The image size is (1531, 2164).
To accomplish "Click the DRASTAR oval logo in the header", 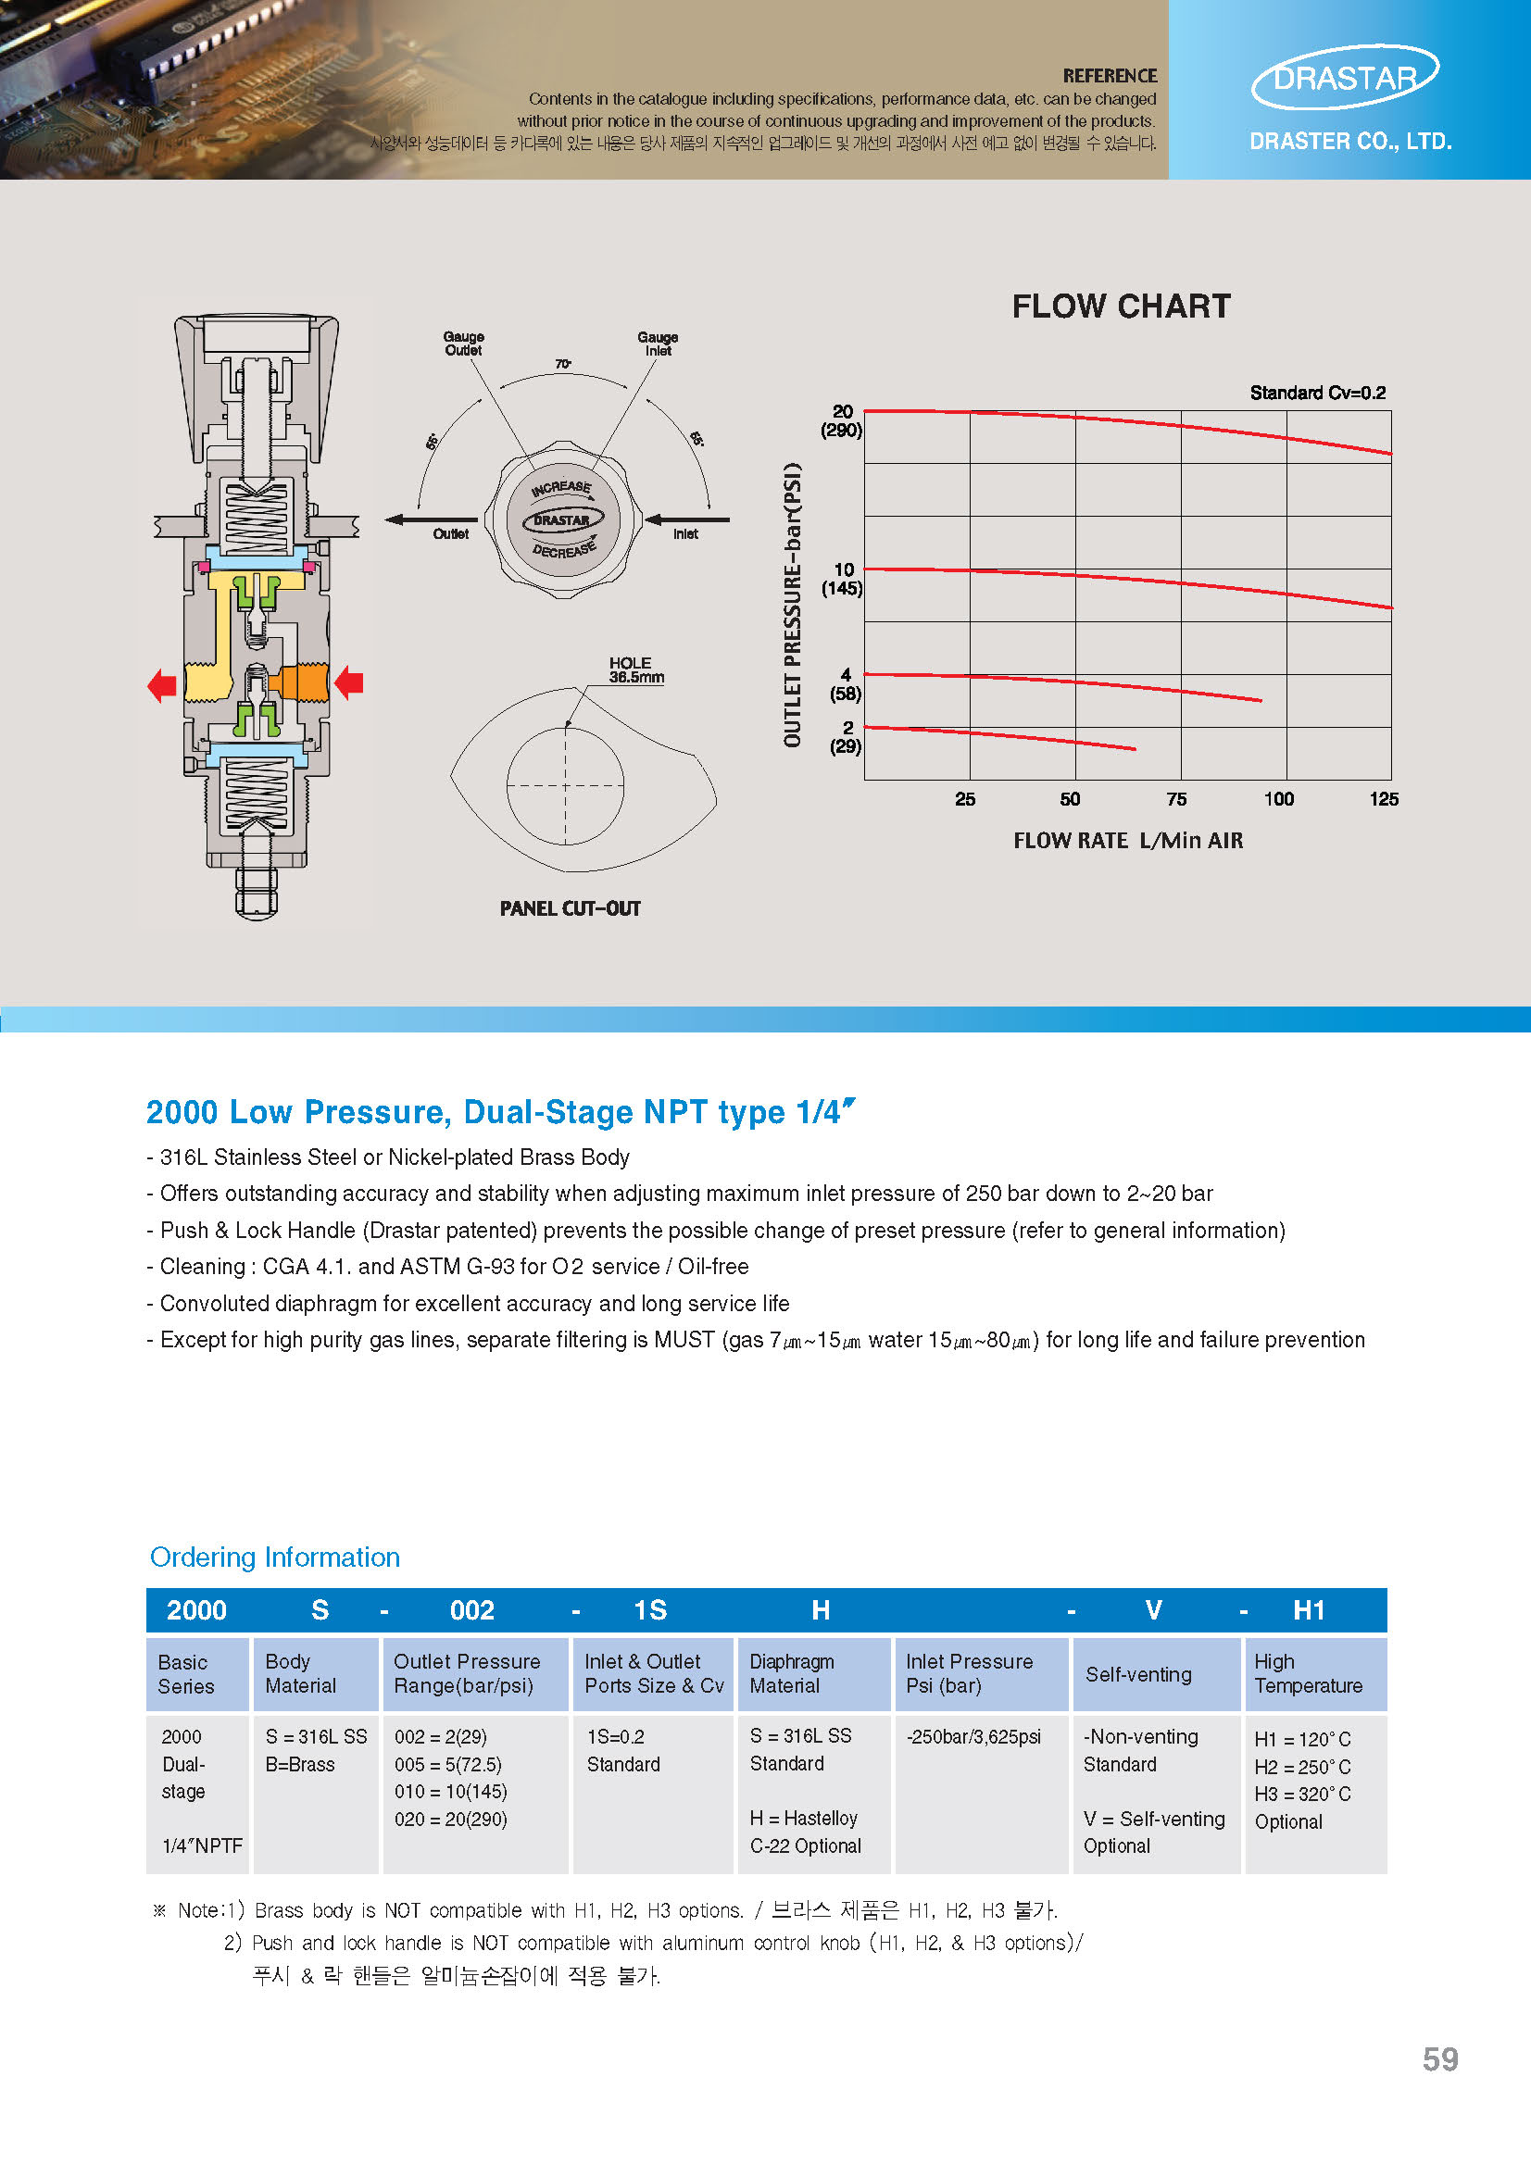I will pos(1345,77).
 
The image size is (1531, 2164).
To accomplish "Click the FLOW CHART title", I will pos(1120,306).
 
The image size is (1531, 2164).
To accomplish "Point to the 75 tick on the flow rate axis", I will pos(1175,799).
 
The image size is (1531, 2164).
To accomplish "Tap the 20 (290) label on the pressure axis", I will pos(842,420).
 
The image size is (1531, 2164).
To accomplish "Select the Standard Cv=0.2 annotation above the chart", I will pos(1317,393).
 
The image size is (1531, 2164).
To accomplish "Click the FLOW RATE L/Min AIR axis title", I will pos(1127,840).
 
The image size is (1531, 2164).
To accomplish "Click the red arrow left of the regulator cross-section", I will pos(162,684).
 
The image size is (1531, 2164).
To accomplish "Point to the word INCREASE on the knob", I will pos(561,488).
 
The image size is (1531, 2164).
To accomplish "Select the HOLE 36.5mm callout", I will pos(635,670).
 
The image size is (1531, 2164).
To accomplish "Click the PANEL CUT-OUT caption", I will pos(570,908).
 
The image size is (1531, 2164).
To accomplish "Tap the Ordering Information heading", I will pos(274,1557).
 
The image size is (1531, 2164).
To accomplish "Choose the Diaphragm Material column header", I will pos(792,1673).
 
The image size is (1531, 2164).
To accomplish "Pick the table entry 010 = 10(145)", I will pos(451,1791).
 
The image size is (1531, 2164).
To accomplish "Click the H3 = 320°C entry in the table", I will pos(1302,1794).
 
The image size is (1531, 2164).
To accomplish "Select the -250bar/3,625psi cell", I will pos(973,1736).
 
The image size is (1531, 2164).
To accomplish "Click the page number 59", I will pos(1439,2059).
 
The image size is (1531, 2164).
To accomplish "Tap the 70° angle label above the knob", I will pos(563,364).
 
